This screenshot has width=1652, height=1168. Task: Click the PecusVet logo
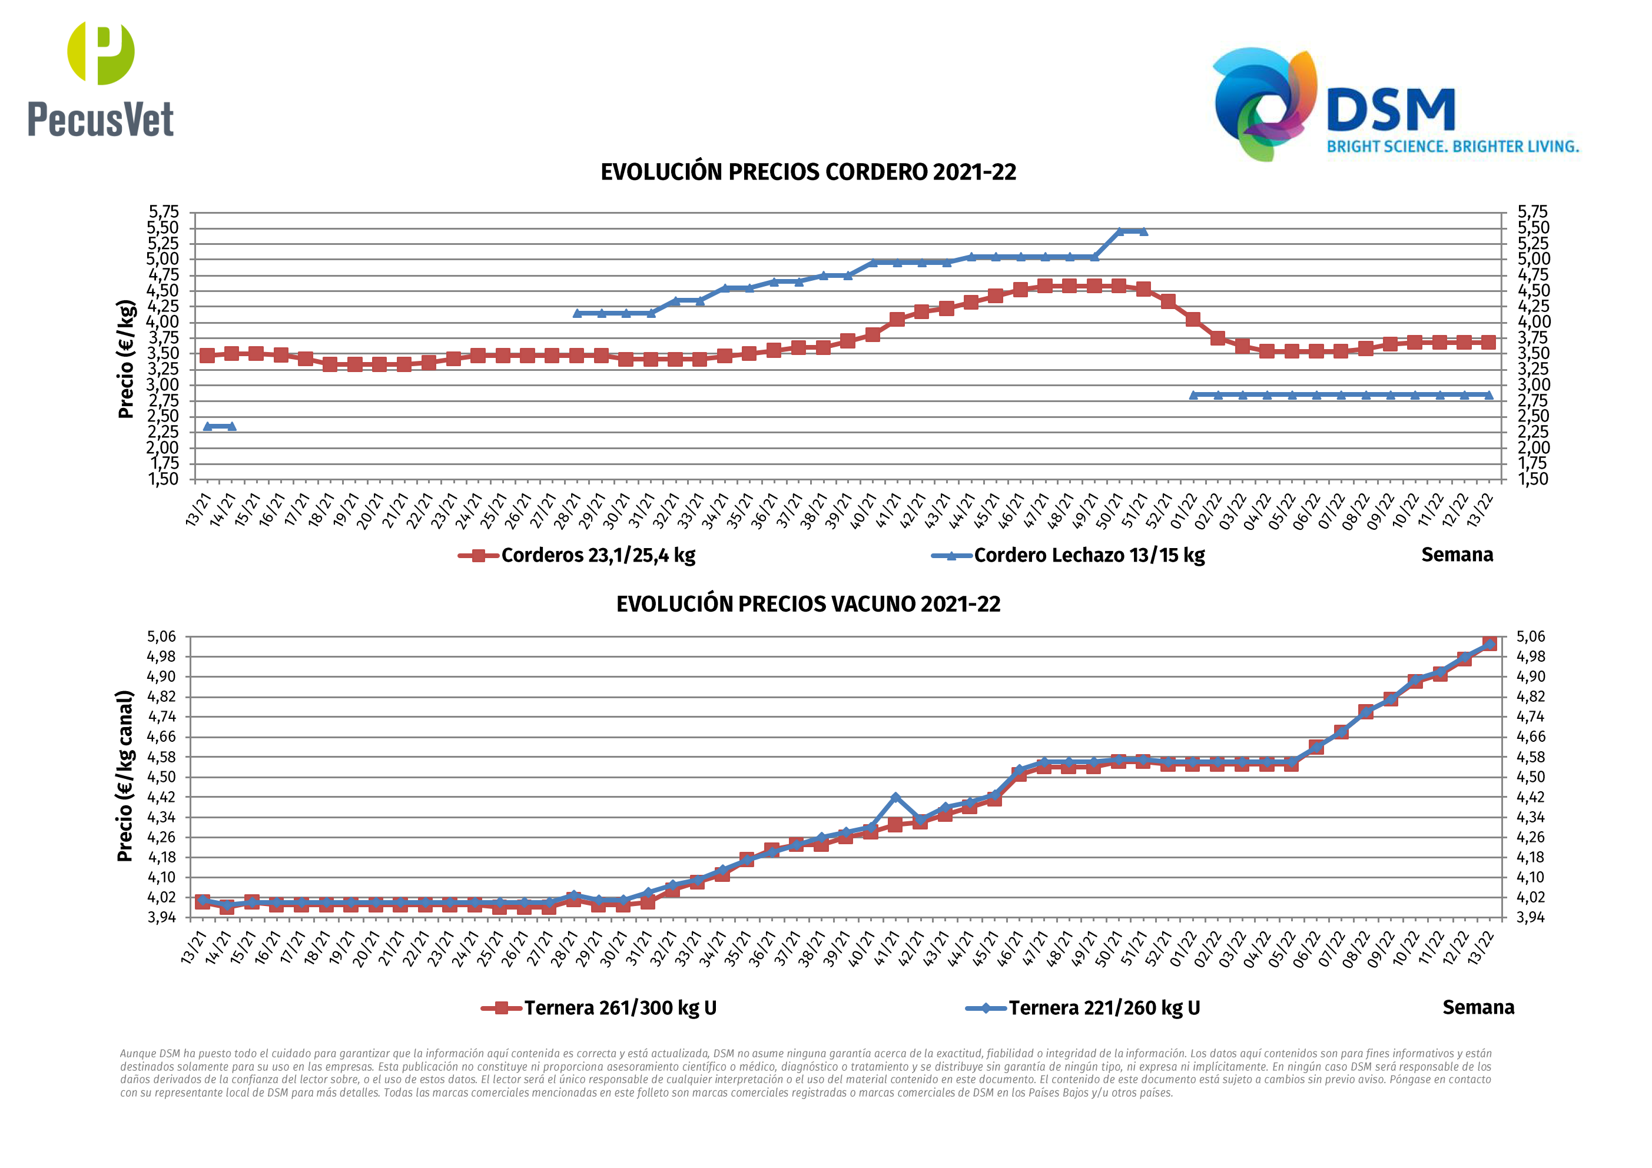point(101,79)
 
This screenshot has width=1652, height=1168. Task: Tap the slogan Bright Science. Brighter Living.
point(1452,147)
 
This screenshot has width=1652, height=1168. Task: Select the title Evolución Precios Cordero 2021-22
point(808,172)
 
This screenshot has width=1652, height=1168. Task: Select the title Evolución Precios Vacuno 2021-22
point(808,604)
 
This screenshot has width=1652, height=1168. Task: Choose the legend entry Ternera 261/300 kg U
point(619,1007)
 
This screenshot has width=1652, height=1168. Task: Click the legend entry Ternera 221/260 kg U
point(1104,1007)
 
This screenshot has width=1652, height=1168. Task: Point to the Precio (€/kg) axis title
point(126,359)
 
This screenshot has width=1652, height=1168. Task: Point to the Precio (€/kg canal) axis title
point(125,776)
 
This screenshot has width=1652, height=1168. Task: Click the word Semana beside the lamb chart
point(1457,555)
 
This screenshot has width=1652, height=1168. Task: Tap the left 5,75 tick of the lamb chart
point(163,211)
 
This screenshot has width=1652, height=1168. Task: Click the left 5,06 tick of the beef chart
point(161,637)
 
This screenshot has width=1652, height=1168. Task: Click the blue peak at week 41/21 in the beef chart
point(895,797)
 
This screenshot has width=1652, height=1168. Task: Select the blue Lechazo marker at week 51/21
point(1143,231)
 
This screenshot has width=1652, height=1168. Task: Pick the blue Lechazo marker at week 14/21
point(231,426)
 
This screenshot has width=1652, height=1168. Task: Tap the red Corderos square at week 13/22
point(1488,342)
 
